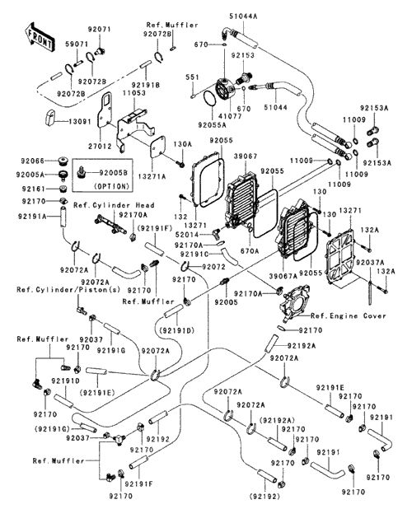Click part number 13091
[x=80, y=121]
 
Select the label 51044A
[x=243, y=16]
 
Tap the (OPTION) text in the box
[x=111, y=186]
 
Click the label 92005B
[x=114, y=172]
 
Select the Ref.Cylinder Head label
[x=114, y=205]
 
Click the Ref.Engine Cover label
[x=349, y=315]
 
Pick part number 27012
[x=101, y=147]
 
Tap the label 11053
[x=134, y=93]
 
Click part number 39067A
[x=283, y=276]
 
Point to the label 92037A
[x=370, y=262]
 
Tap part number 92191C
[x=194, y=254]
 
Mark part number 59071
[x=77, y=44]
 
